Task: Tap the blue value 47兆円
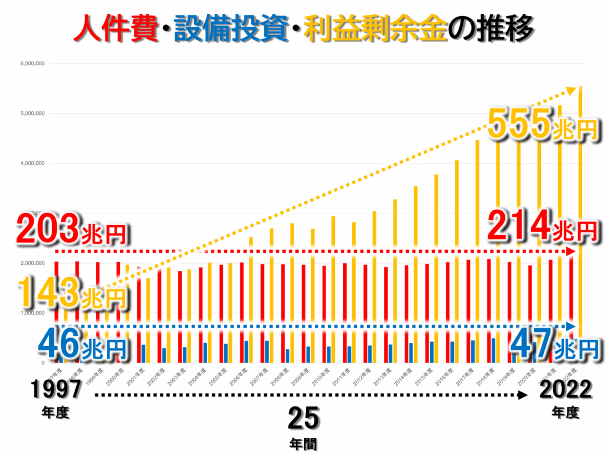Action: coord(554,342)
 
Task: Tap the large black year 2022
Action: coord(565,390)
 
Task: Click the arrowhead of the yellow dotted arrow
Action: coord(572,90)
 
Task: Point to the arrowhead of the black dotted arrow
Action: coord(523,395)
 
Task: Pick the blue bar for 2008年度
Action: coord(288,355)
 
